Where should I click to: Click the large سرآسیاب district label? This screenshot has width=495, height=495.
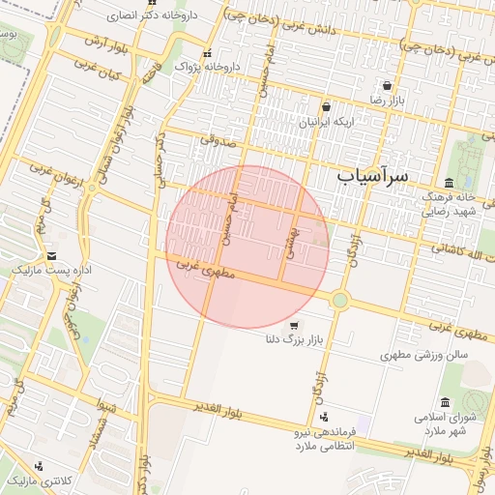(x=373, y=176)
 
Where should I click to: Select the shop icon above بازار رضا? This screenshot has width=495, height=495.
(x=387, y=85)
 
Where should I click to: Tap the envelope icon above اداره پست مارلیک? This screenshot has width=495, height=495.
(x=51, y=255)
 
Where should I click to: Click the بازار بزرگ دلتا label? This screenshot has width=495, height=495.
(x=292, y=339)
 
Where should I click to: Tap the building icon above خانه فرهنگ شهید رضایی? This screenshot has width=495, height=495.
(x=449, y=183)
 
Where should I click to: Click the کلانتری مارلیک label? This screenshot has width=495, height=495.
(x=33, y=480)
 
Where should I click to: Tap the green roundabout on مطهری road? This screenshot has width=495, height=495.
(x=339, y=300)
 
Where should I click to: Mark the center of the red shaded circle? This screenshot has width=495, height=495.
(x=247, y=247)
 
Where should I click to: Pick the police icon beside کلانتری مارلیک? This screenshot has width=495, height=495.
(x=38, y=466)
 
